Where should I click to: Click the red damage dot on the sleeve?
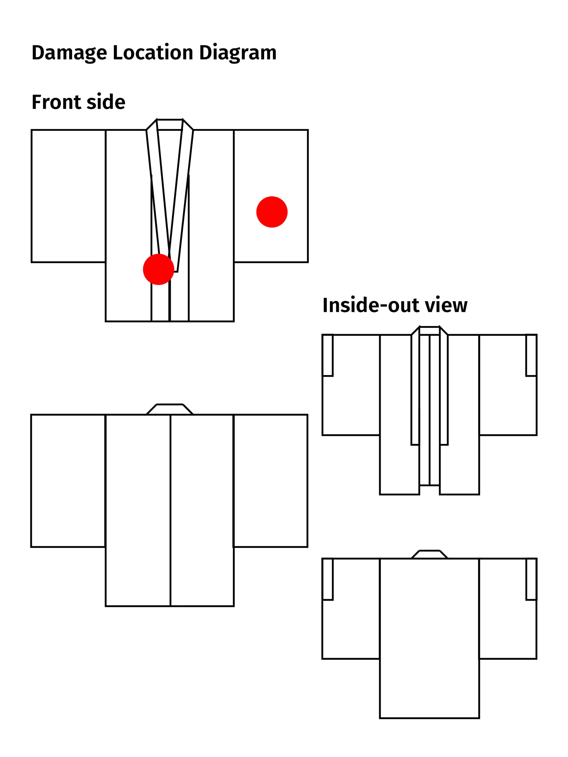click(271, 212)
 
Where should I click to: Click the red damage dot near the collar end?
click(158, 269)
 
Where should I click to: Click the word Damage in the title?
click(69, 53)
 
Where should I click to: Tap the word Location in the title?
click(153, 53)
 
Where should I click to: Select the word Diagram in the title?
click(238, 53)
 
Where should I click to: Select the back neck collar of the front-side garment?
click(170, 125)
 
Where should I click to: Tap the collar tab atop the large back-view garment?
click(170, 409)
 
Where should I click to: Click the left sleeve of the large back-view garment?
click(68, 481)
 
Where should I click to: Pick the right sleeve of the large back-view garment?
click(271, 481)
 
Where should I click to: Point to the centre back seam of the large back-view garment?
click(170, 510)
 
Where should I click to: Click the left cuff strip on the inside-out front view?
click(328, 355)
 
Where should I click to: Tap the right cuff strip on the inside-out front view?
click(531, 355)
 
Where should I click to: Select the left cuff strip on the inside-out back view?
click(328, 579)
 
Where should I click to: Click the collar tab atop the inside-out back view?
click(429, 554)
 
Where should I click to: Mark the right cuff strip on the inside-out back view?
click(531, 579)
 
